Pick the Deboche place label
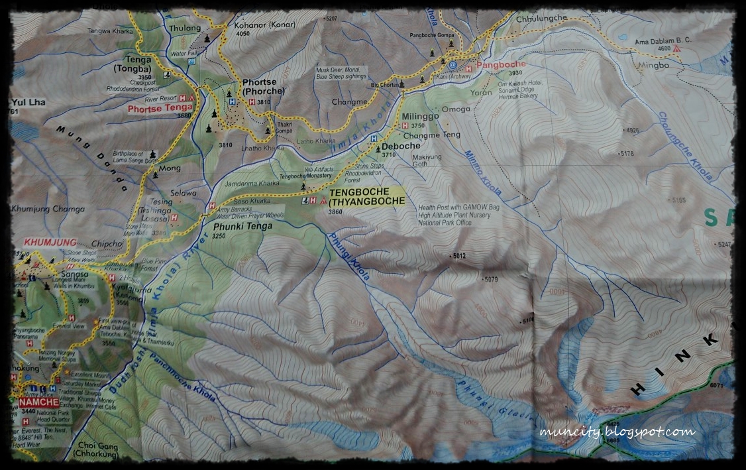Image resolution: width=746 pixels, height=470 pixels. click(401, 146)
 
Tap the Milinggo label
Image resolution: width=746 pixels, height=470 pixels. click(421, 116)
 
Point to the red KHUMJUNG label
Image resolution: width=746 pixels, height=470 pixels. click(50, 243)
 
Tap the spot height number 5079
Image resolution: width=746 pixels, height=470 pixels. click(491, 279)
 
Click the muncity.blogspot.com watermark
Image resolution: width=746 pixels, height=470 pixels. click(617, 432)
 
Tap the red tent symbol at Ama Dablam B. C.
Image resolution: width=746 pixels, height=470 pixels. click(676, 49)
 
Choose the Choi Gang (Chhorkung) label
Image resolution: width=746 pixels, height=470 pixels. click(98, 451)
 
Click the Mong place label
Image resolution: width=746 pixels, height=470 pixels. click(170, 168)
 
